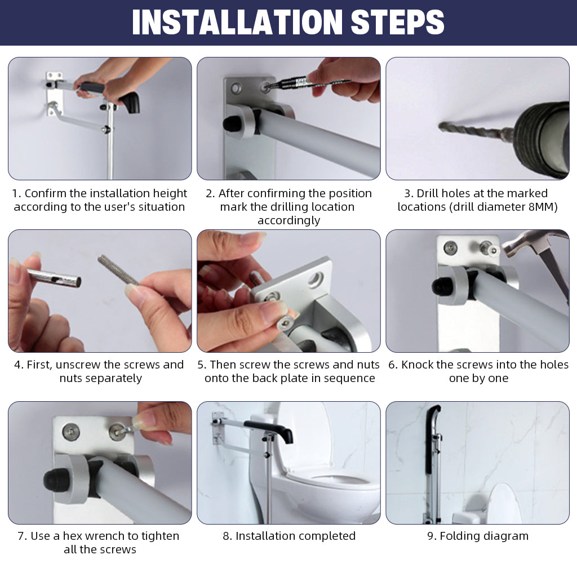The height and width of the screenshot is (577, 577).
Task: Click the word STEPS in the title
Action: point(398,22)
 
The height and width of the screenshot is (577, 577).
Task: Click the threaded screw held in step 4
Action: point(118,271)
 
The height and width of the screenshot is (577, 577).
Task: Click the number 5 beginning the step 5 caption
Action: point(201,365)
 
